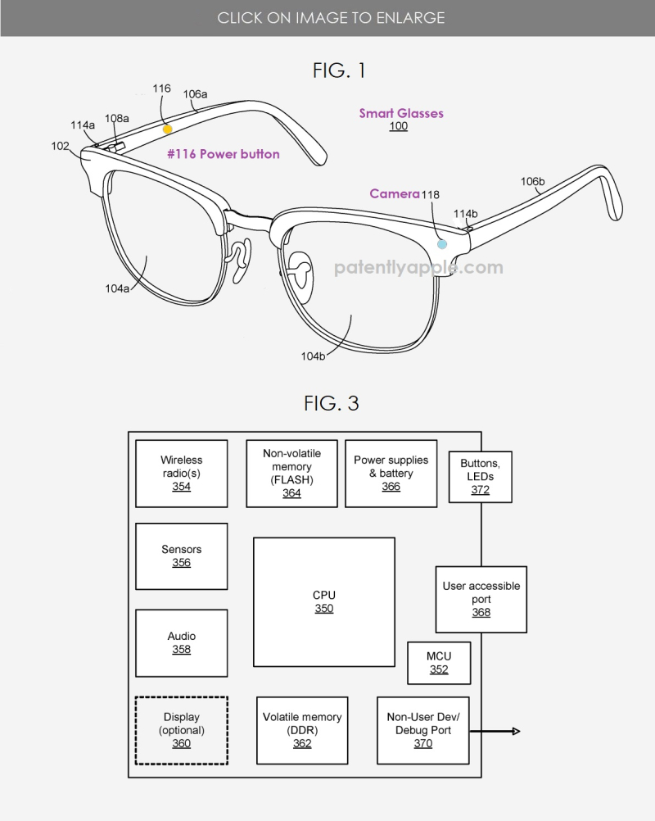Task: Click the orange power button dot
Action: pos(167,129)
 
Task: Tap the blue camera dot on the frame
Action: pos(442,244)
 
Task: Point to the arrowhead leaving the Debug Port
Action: pos(517,731)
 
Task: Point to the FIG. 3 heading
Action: pos(331,403)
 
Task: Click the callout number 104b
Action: pos(313,356)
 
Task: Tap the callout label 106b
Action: pos(532,181)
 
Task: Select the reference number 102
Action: pos(60,146)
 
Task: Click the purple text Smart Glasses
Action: pos(401,113)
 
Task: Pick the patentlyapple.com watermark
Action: pos(418,268)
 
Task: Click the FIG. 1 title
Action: pos(339,70)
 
